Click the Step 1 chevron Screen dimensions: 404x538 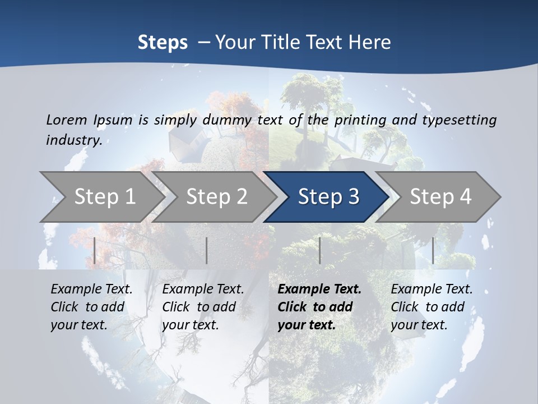click(104, 196)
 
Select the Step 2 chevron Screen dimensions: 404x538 click(216, 196)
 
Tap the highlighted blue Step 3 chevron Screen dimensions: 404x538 click(328, 196)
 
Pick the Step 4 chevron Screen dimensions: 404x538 click(440, 196)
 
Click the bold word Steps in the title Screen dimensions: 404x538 click(163, 43)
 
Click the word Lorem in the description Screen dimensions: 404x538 click(66, 120)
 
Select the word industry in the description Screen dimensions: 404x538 click(73, 140)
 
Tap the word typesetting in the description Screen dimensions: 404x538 click(459, 120)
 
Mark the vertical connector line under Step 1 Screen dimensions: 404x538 click(95, 250)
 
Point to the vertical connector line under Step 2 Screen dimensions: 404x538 click(207, 250)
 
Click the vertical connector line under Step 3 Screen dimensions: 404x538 click(319, 250)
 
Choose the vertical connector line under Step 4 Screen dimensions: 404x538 click(433, 250)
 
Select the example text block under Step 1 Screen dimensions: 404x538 click(91, 307)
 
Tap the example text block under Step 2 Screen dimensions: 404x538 click(202, 307)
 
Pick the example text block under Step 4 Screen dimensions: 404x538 click(431, 307)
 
